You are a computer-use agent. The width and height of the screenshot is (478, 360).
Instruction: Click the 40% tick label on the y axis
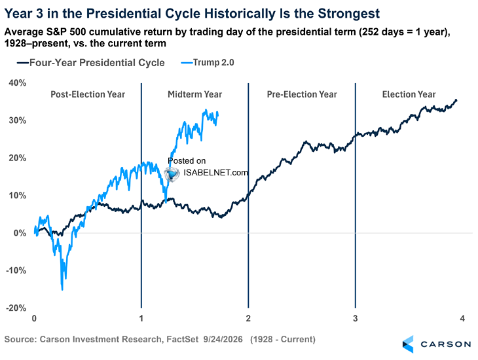click(18, 83)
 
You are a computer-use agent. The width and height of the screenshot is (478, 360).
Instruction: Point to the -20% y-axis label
click(16, 308)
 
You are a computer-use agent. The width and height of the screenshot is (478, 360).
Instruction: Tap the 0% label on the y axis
click(20, 233)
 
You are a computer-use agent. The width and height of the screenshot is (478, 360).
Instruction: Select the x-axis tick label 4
click(462, 319)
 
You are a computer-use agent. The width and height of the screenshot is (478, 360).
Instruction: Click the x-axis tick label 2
click(248, 319)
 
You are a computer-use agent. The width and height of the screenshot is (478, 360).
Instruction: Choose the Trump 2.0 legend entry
click(208, 62)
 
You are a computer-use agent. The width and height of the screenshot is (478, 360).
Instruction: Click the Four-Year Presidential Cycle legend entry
click(91, 63)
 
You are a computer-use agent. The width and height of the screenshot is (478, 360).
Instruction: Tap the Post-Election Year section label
click(88, 94)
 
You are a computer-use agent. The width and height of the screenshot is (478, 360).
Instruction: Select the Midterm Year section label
click(194, 94)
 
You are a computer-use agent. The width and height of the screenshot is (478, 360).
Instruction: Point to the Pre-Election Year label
click(302, 94)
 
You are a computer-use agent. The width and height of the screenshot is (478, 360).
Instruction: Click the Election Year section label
click(409, 94)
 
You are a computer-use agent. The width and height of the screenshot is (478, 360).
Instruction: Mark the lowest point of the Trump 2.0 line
click(62, 290)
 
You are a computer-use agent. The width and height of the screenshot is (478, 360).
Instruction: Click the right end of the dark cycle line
click(456, 100)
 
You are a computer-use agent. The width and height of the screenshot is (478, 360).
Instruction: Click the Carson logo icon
click(408, 344)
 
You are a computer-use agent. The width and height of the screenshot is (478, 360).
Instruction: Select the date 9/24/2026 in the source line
click(223, 339)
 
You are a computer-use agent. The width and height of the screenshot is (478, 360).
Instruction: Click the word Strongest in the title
click(349, 14)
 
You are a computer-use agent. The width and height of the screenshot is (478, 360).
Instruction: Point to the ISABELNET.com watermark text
click(215, 173)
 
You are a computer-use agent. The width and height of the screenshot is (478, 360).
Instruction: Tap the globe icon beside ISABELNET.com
click(172, 174)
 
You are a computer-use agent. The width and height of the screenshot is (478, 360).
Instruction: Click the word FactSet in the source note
click(182, 339)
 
